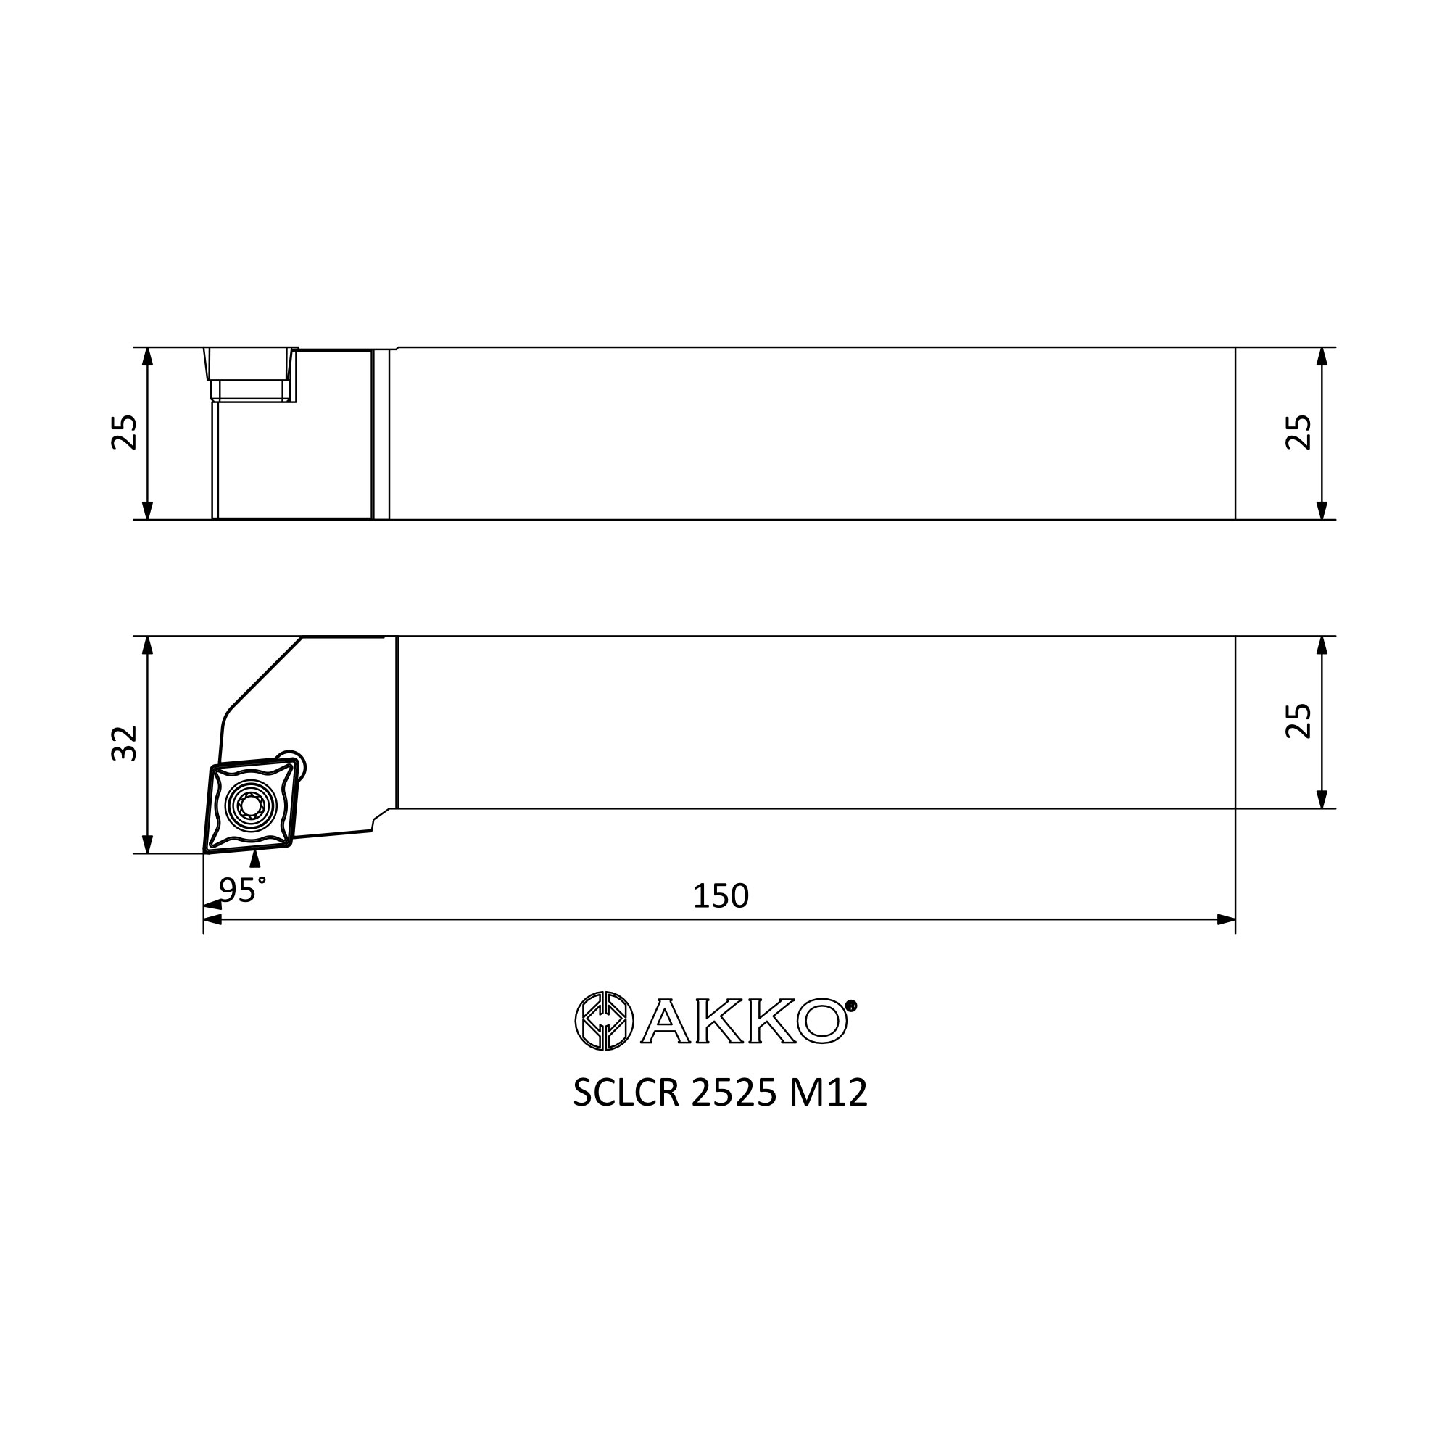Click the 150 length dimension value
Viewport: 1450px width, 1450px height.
(721, 896)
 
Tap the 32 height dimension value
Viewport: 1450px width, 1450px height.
(125, 743)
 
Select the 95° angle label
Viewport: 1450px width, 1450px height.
(242, 890)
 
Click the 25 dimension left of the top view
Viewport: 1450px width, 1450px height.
(125, 432)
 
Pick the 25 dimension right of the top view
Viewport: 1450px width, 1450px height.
(1299, 432)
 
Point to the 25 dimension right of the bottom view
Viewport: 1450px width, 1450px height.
(1299, 721)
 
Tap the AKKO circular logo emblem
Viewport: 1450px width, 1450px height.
(604, 1021)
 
